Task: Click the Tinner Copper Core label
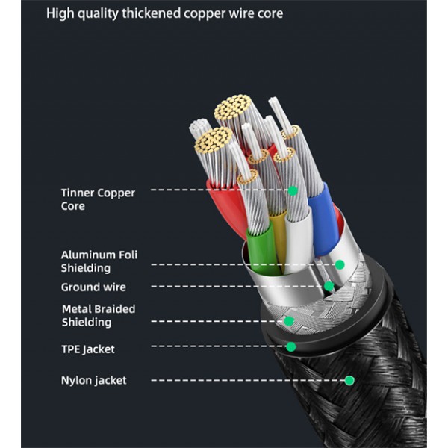pos(97,199)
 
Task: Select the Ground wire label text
pos(93,287)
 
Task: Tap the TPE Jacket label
pos(87,349)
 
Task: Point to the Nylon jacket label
pos(93,381)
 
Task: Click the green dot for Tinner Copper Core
pos(293,191)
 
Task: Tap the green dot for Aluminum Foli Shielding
pos(340,264)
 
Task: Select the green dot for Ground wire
pos(329,286)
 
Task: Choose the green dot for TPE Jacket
pos(291,346)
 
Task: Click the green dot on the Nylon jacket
pos(349,380)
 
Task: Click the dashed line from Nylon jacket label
pos(246,381)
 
